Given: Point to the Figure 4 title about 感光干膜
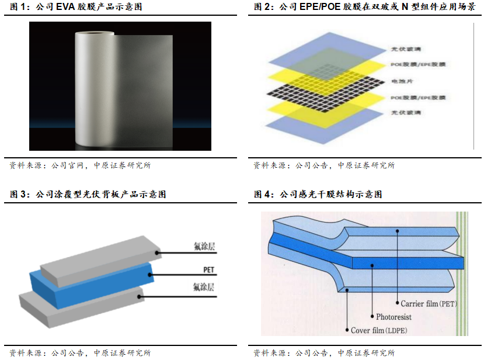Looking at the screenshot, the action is click(318, 194).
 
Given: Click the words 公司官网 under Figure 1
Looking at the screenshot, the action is click(68, 165).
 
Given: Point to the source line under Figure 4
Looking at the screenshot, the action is click(324, 353).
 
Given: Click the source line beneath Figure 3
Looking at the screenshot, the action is click(80, 353).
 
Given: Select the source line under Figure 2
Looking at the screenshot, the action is click(324, 165).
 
